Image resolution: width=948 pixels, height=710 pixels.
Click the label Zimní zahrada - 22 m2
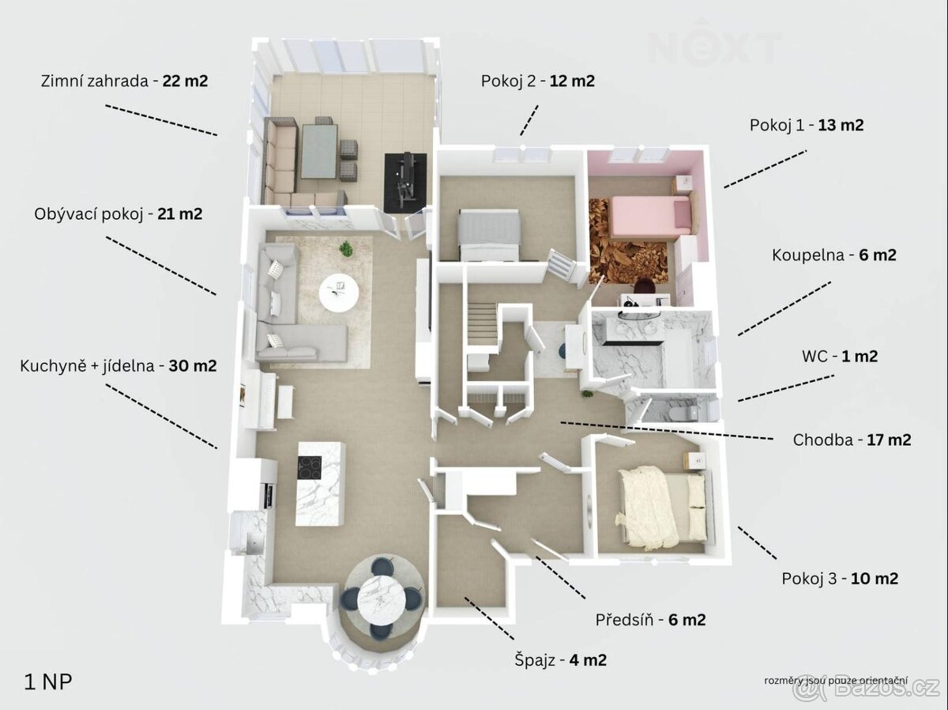(124, 80)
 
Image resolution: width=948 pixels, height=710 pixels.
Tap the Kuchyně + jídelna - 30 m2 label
(118, 366)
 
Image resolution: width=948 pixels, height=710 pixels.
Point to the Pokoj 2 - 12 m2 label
(537, 80)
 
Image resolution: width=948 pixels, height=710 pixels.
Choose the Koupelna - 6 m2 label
(833, 255)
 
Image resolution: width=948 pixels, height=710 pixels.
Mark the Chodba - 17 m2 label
(852, 440)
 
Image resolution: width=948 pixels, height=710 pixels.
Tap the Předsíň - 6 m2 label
(650, 620)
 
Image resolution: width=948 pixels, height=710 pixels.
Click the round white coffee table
(338, 293)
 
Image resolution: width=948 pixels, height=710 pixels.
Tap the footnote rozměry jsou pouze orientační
(835, 681)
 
